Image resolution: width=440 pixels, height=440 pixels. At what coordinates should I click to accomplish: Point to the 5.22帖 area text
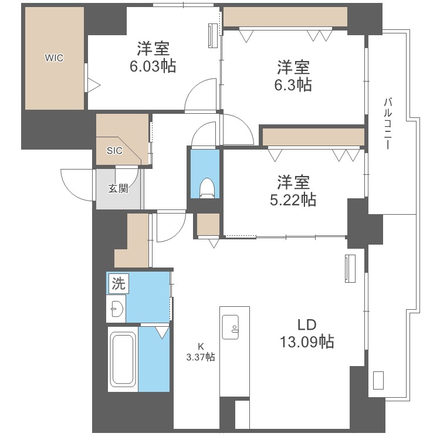(294, 200)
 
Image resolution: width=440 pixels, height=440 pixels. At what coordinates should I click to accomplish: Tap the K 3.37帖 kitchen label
(200, 351)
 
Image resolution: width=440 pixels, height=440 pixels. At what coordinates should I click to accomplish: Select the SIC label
(114, 150)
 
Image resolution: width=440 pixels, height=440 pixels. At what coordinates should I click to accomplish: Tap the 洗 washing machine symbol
(118, 285)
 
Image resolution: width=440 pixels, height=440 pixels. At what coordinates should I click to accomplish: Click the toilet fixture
(207, 187)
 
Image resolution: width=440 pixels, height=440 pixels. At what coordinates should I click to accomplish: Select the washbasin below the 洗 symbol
(117, 308)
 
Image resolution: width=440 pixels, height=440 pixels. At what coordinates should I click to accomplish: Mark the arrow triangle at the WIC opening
(93, 85)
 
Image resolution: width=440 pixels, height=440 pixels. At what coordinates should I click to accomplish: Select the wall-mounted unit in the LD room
(350, 269)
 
